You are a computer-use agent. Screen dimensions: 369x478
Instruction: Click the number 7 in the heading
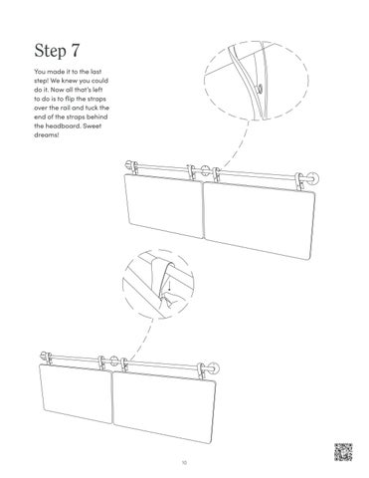(75, 51)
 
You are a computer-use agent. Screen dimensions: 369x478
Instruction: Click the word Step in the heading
(50, 51)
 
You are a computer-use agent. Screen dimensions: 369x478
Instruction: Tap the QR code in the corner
(343, 452)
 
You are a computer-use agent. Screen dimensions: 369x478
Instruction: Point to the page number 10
(184, 462)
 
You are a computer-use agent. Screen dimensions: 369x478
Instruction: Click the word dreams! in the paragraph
(47, 134)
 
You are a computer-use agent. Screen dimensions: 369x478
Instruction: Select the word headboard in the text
(63, 125)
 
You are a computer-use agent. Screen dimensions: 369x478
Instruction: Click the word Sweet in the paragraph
(92, 125)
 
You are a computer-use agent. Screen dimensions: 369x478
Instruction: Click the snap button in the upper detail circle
(261, 89)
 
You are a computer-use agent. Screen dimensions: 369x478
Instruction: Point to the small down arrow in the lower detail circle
(169, 285)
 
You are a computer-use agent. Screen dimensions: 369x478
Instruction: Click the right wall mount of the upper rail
(311, 179)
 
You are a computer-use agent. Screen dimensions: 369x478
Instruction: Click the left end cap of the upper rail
(129, 165)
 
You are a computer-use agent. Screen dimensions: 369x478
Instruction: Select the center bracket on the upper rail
(205, 170)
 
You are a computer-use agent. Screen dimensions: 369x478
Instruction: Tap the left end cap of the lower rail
(44, 356)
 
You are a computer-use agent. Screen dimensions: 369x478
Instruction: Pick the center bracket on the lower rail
(114, 360)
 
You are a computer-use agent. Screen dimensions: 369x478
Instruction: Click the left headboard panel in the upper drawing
(164, 205)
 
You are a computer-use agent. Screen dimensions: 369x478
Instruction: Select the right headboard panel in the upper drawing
(260, 219)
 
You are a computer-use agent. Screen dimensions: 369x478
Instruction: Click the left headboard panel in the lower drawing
(76, 393)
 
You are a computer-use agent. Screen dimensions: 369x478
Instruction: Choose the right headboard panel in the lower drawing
(164, 406)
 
